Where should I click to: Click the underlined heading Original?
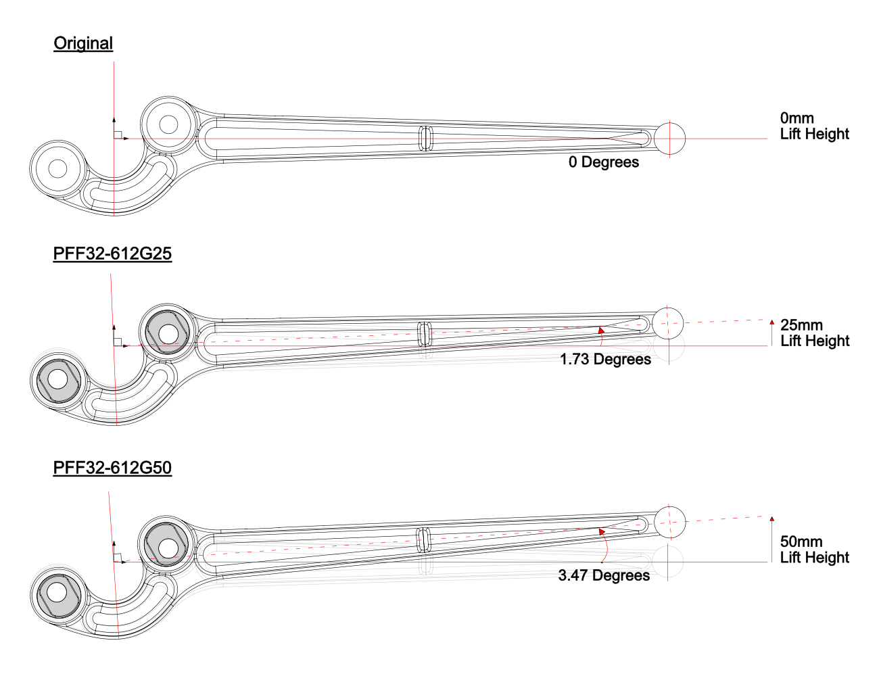(x=83, y=43)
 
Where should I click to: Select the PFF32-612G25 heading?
(x=112, y=254)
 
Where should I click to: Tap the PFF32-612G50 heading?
(x=112, y=467)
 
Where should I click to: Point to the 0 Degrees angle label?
(x=604, y=162)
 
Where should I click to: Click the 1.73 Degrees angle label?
(x=606, y=359)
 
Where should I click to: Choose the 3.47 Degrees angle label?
(x=604, y=575)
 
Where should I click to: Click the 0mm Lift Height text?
(x=814, y=126)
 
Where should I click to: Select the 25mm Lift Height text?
(x=815, y=333)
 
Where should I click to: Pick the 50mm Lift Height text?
(x=814, y=550)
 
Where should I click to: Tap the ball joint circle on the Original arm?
(x=670, y=139)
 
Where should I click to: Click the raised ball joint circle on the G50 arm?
(x=670, y=522)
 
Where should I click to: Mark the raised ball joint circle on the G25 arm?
(x=668, y=323)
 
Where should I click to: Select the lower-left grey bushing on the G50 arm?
(x=58, y=596)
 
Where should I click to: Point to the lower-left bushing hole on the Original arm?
(x=58, y=168)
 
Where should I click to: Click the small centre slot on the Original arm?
(x=425, y=139)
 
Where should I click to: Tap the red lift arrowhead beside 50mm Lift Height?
(x=771, y=518)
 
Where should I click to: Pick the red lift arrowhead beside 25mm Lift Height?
(x=771, y=322)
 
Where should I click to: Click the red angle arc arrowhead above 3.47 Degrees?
(x=602, y=531)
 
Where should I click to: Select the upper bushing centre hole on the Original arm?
(x=168, y=125)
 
